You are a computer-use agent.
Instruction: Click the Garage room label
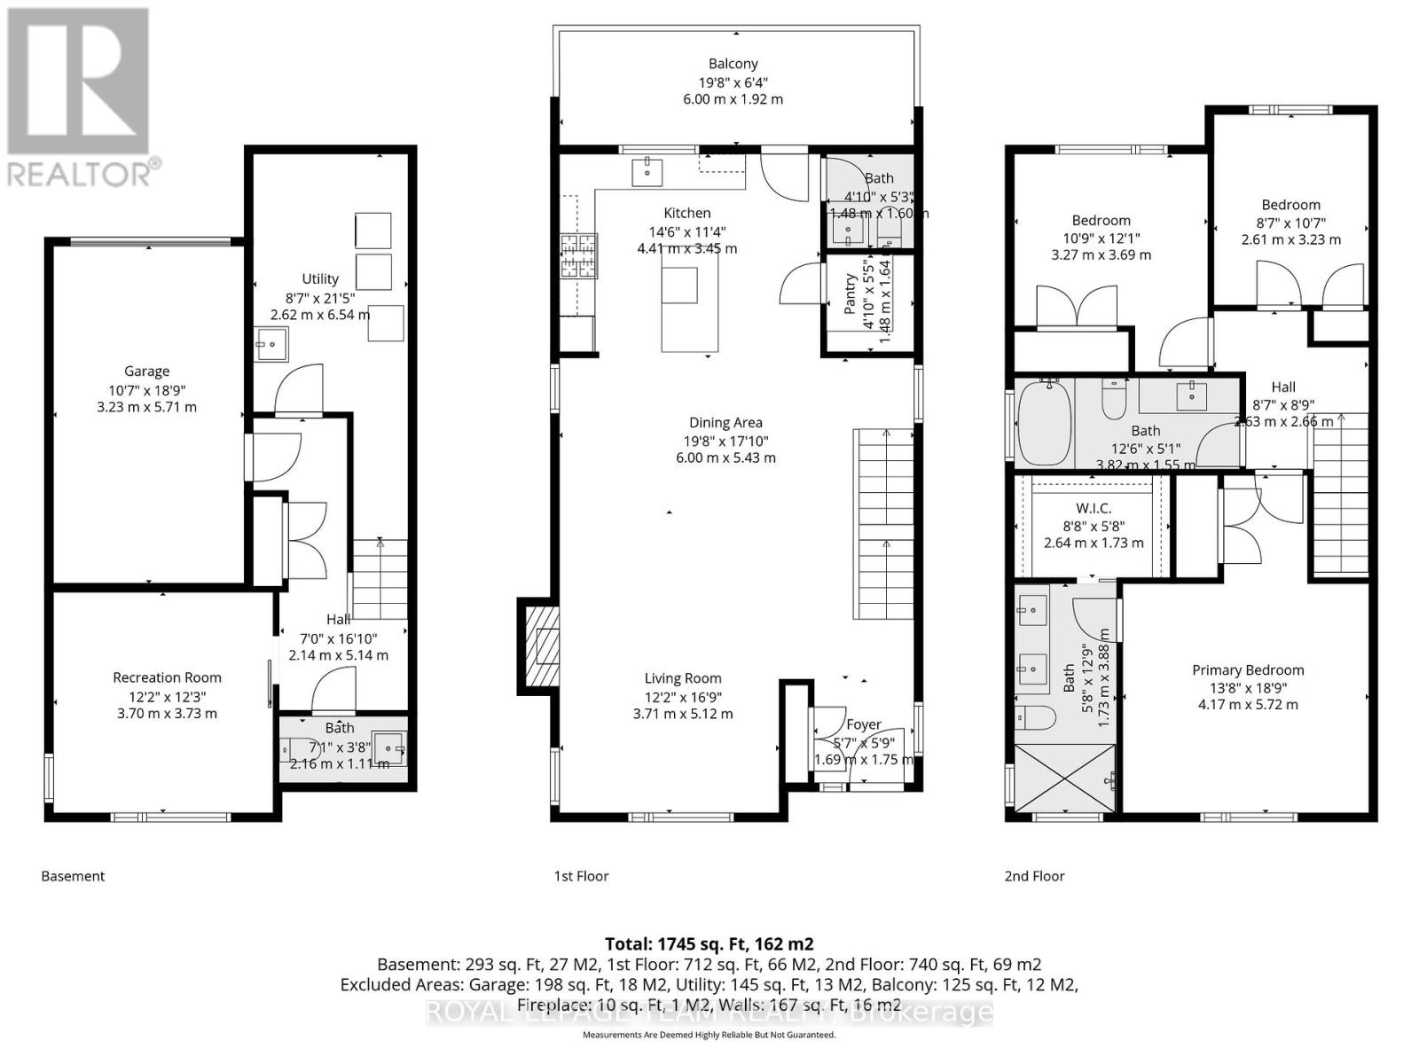pos(146,372)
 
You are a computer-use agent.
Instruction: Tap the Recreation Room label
pos(167,677)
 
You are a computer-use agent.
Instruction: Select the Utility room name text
pos(320,278)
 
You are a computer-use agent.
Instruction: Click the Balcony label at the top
pos(733,64)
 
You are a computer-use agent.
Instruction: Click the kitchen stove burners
pos(578,256)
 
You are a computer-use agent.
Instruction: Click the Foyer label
pos(863,724)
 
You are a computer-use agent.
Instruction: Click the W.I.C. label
pos(1094,509)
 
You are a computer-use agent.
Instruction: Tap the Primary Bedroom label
pos(1248,670)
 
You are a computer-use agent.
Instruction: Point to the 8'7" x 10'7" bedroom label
pos(1290,205)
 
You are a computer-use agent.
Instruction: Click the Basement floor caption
pos(73,876)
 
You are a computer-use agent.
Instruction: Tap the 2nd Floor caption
pos(1034,876)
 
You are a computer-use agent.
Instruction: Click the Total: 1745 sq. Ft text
pos(709,944)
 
